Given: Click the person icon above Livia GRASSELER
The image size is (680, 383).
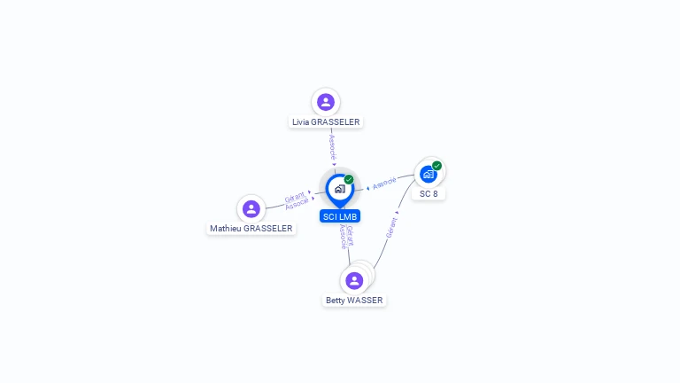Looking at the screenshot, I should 326,102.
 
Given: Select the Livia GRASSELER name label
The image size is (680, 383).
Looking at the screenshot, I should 326,122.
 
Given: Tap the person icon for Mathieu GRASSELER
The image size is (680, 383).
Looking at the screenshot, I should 251,209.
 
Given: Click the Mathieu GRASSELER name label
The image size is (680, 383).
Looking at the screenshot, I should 251,229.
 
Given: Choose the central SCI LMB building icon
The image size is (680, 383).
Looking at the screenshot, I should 339,189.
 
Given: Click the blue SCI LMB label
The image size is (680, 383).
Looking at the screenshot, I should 340,216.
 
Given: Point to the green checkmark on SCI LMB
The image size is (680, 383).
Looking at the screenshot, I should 349,179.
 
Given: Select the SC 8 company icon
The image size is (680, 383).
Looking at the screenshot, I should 429,174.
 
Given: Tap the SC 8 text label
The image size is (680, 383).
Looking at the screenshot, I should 429,193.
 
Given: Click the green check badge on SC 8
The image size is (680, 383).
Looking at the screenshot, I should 437,166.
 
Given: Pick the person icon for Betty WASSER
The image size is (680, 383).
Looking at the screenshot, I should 354,280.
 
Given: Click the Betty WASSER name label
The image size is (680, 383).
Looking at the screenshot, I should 354,301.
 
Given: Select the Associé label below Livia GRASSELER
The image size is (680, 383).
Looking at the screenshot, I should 332,146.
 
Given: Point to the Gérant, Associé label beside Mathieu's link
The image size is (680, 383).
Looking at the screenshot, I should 296,200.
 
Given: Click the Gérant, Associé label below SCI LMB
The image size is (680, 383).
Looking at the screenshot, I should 346,237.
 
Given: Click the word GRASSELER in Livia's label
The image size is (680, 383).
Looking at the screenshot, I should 336,122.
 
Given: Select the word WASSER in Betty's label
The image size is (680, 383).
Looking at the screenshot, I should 365,301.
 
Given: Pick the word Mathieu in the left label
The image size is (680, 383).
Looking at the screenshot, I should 225,229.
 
